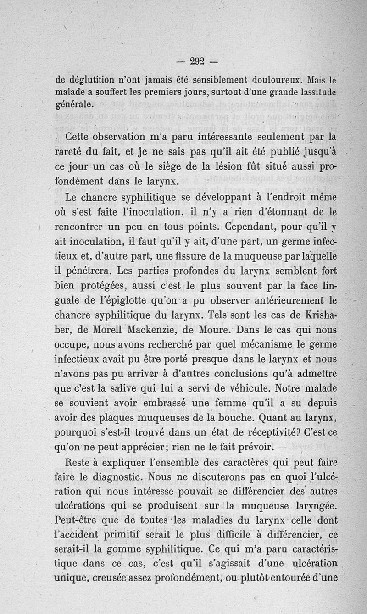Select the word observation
pos(123,137)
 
